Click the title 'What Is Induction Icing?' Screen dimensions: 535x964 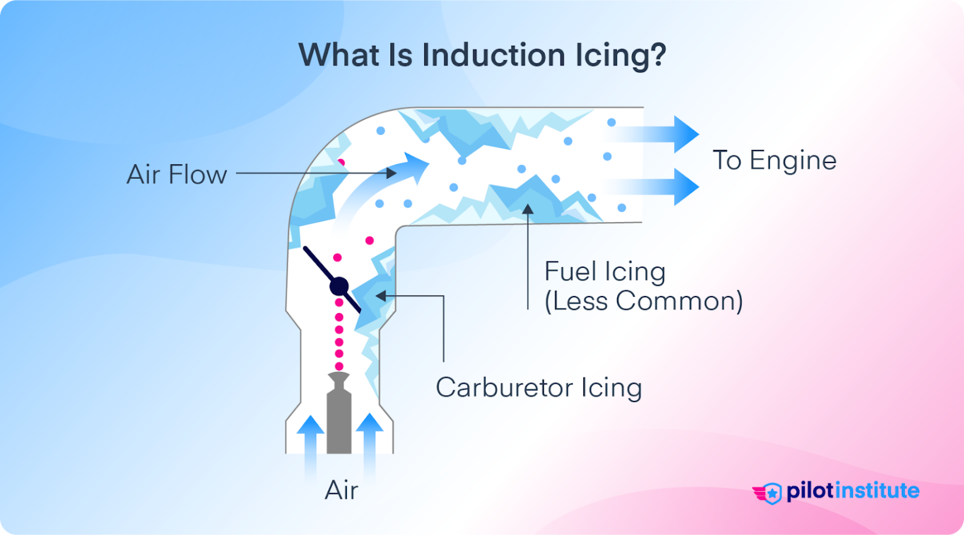[481, 55]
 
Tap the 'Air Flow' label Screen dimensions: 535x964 [176, 174]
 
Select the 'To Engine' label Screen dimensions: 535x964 [774, 161]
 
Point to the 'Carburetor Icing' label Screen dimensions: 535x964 [538, 388]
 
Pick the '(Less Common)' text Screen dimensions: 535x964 [643, 302]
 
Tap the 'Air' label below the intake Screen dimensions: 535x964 [341, 490]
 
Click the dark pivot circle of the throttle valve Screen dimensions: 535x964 [339, 287]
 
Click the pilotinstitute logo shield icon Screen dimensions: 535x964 [771, 494]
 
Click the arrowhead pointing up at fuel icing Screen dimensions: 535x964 [528, 209]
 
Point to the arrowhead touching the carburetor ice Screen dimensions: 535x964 [381, 296]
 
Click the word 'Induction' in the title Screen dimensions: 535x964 [494, 55]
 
